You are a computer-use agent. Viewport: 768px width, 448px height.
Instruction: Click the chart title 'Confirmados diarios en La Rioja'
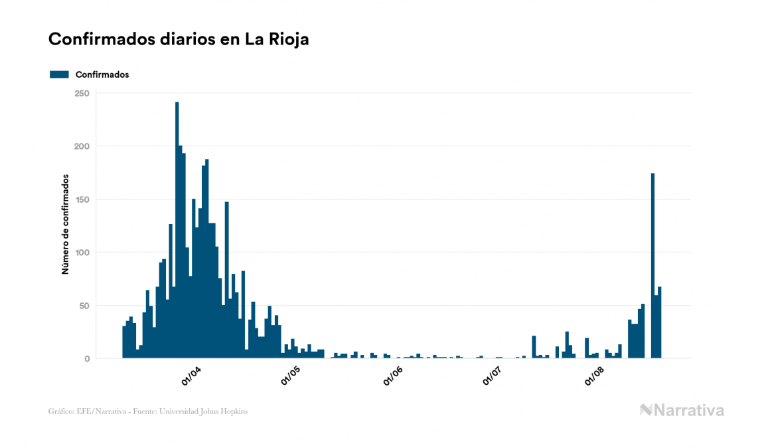coord(179,39)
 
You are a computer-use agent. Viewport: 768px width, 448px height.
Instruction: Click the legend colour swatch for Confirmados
coord(59,74)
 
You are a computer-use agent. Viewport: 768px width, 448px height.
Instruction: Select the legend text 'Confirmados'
coord(102,74)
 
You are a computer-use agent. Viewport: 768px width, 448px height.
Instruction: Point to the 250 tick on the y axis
coord(82,93)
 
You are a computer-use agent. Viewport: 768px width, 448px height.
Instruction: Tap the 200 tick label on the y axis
coord(82,146)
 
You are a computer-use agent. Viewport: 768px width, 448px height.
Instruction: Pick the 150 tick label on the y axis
coord(82,199)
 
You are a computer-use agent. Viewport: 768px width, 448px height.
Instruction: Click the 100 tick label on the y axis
coord(82,253)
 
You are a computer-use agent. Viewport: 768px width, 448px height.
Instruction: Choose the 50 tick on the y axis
coord(84,306)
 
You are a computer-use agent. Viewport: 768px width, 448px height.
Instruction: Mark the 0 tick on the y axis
coord(87,359)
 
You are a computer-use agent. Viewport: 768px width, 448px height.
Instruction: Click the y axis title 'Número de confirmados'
coord(66,224)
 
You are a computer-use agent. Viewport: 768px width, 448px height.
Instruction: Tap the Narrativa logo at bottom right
coord(682,410)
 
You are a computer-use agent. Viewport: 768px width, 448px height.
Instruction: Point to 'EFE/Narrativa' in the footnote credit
coord(96,411)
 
